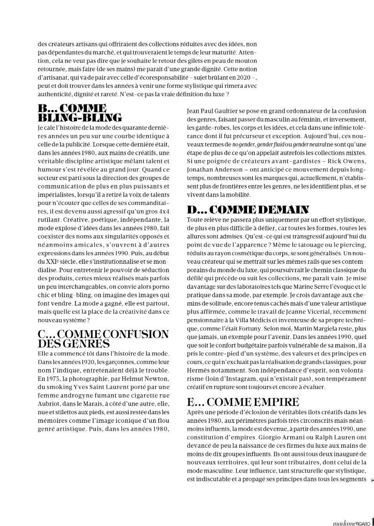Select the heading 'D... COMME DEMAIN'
pos(248,210)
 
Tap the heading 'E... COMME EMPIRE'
pos(243,402)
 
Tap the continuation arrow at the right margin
pos(372,480)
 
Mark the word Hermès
pos(199,371)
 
